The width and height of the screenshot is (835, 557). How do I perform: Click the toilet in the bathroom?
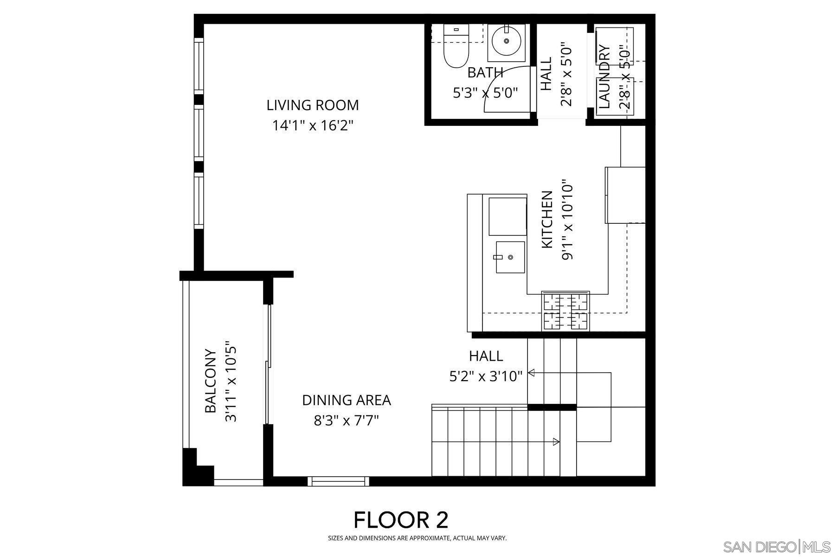click(456, 49)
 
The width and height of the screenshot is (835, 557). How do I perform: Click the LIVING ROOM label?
click(312, 105)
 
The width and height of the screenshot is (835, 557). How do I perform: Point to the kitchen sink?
click(510, 257)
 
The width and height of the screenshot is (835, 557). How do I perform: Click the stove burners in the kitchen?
click(565, 311)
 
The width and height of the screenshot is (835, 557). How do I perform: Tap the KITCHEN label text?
click(547, 219)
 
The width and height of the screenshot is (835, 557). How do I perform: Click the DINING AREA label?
click(346, 400)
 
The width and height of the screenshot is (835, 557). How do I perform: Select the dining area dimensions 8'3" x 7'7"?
click(346, 421)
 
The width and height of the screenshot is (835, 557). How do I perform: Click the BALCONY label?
click(211, 381)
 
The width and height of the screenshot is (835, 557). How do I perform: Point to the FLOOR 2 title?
click(401, 520)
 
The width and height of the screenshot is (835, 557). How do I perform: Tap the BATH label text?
click(485, 73)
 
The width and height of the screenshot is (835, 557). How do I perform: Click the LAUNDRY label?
click(604, 77)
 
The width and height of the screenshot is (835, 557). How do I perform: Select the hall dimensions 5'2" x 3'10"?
click(486, 376)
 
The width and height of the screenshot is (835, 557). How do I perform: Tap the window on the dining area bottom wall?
click(338, 481)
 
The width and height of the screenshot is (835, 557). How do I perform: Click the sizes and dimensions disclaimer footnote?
click(417, 538)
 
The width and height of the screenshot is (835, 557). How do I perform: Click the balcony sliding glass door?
click(267, 364)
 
